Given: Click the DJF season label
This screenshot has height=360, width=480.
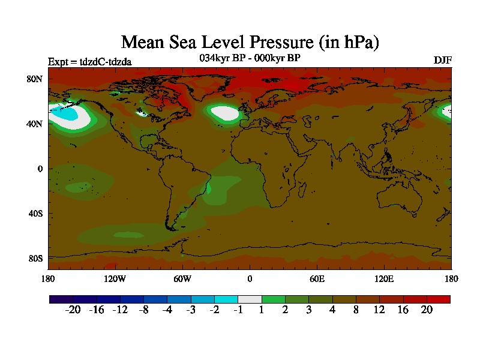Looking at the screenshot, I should point(442,61).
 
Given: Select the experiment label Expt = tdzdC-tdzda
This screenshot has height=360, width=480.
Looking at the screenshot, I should point(89,61).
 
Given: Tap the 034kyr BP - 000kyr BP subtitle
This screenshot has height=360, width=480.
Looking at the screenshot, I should point(250,58).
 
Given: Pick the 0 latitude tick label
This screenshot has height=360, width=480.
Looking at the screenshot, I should point(40,169).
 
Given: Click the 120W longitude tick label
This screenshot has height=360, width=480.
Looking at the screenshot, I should point(115,278).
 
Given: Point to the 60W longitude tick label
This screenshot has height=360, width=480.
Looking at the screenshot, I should point(182,278).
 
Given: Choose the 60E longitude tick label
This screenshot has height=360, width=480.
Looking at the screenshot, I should point(317,278).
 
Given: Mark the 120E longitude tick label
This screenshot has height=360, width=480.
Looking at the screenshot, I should point(384,278).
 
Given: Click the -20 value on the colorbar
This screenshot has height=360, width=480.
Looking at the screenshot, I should point(72,310).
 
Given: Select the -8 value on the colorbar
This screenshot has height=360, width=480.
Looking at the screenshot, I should point(143,310).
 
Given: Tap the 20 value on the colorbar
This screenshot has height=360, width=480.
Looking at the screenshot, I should point(427,310).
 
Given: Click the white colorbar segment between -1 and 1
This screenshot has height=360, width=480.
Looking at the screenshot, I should point(249,299).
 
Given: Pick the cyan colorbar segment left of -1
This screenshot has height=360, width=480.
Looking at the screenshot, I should point(226,299).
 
